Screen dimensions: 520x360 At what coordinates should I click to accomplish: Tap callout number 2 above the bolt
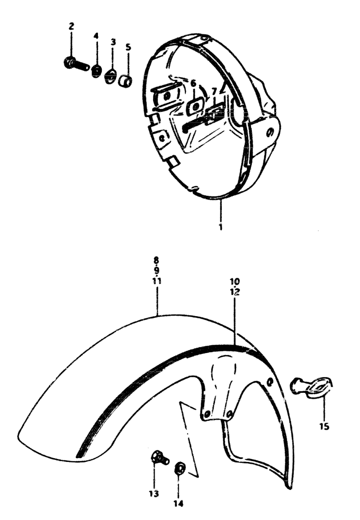point(71,26)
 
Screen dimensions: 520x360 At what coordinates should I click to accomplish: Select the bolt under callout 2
point(76,63)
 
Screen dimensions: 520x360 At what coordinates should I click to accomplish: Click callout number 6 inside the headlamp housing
point(193,83)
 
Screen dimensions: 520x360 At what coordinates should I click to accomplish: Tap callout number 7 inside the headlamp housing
point(214,91)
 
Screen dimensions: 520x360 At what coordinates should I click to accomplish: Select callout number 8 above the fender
point(156,260)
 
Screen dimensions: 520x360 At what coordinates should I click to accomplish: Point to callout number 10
point(235,281)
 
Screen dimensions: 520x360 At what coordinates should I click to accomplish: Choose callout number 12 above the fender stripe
point(235,292)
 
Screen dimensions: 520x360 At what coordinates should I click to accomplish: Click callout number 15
point(324,425)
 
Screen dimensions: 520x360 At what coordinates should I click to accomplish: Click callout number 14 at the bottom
point(178,504)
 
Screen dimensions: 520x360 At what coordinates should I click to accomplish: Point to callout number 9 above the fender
point(157,270)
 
